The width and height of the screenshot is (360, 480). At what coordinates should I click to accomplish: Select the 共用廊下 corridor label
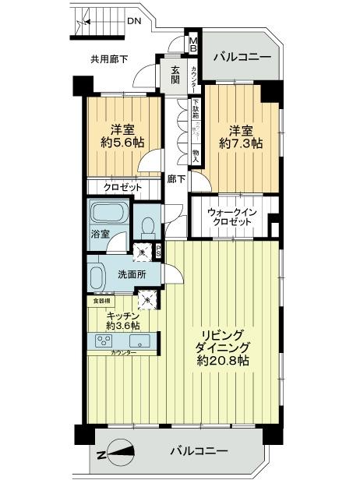[x=109, y=59]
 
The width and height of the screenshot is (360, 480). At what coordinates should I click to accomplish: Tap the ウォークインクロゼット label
[x=230, y=217]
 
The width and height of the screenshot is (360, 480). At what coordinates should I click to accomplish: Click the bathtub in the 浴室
[x=108, y=214]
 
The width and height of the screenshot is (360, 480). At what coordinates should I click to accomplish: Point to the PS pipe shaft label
[x=157, y=251]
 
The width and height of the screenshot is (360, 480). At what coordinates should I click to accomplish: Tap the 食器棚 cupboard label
[x=102, y=300]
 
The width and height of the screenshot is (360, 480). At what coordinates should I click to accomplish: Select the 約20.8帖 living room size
[x=222, y=360]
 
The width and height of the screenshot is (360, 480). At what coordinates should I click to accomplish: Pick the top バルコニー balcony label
[x=242, y=57]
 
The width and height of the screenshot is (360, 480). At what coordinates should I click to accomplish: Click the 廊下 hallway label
[x=177, y=178]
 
